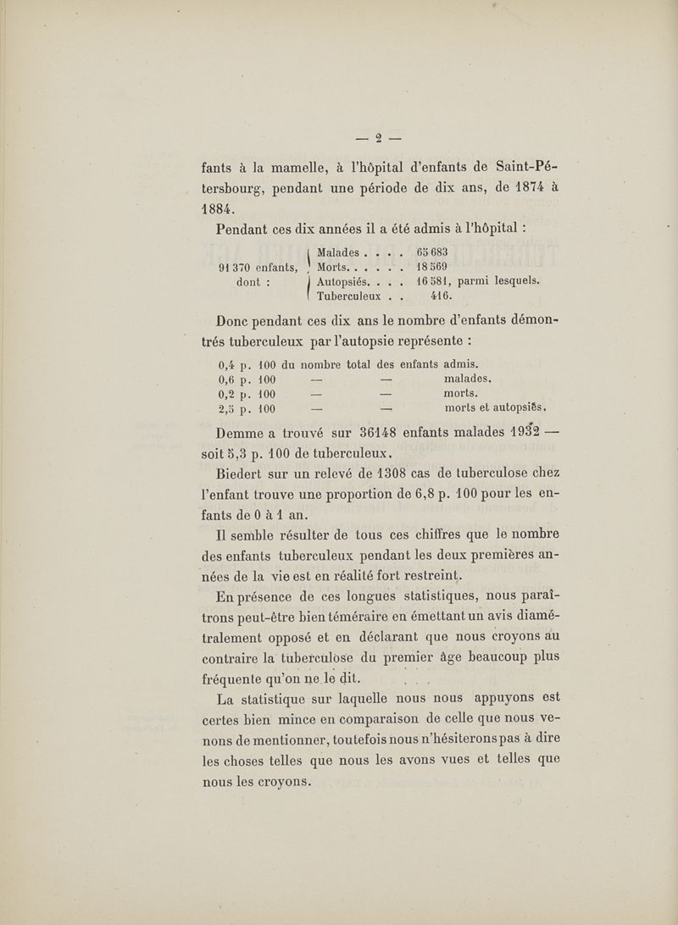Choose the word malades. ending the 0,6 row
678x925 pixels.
click(x=470, y=357)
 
